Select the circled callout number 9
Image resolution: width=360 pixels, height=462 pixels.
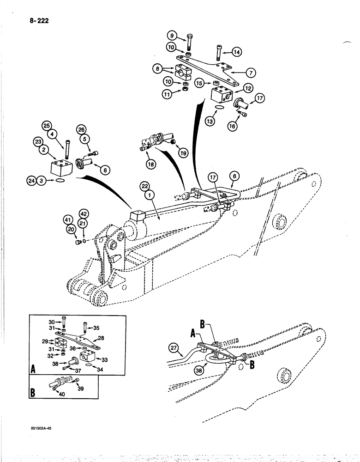click(x=171, y=36)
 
